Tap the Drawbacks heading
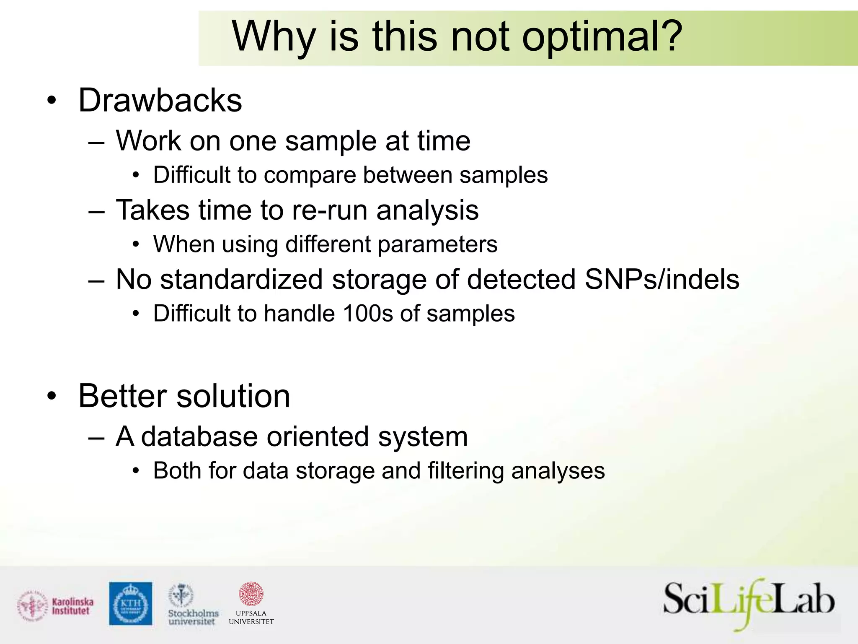click(160, 101)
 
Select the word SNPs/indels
click(662, 279)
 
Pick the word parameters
click(437, 244)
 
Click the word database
click(199, 437)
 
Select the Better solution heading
click(184, 396)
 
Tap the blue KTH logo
click(131, 603)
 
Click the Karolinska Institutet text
click(72, 606)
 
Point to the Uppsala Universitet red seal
click(251, 594)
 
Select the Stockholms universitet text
click(193, 617)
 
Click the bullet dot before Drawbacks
click(51, 101)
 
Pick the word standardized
click(241, 279)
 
